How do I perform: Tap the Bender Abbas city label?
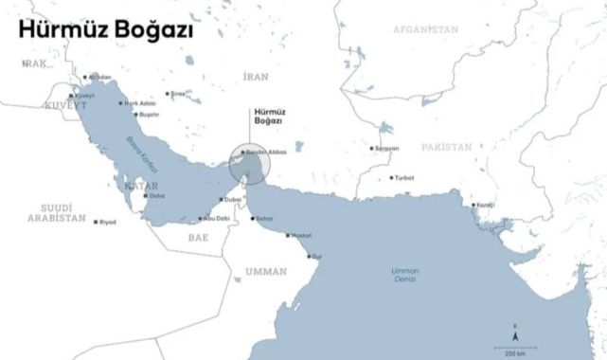265,153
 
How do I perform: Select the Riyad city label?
107,222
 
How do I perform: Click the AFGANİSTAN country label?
426,29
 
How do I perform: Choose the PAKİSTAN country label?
447,148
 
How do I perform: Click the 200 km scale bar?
514,349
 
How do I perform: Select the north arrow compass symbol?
515,331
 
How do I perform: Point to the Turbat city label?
403,178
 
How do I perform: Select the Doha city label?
156,196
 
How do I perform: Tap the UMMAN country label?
265,271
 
